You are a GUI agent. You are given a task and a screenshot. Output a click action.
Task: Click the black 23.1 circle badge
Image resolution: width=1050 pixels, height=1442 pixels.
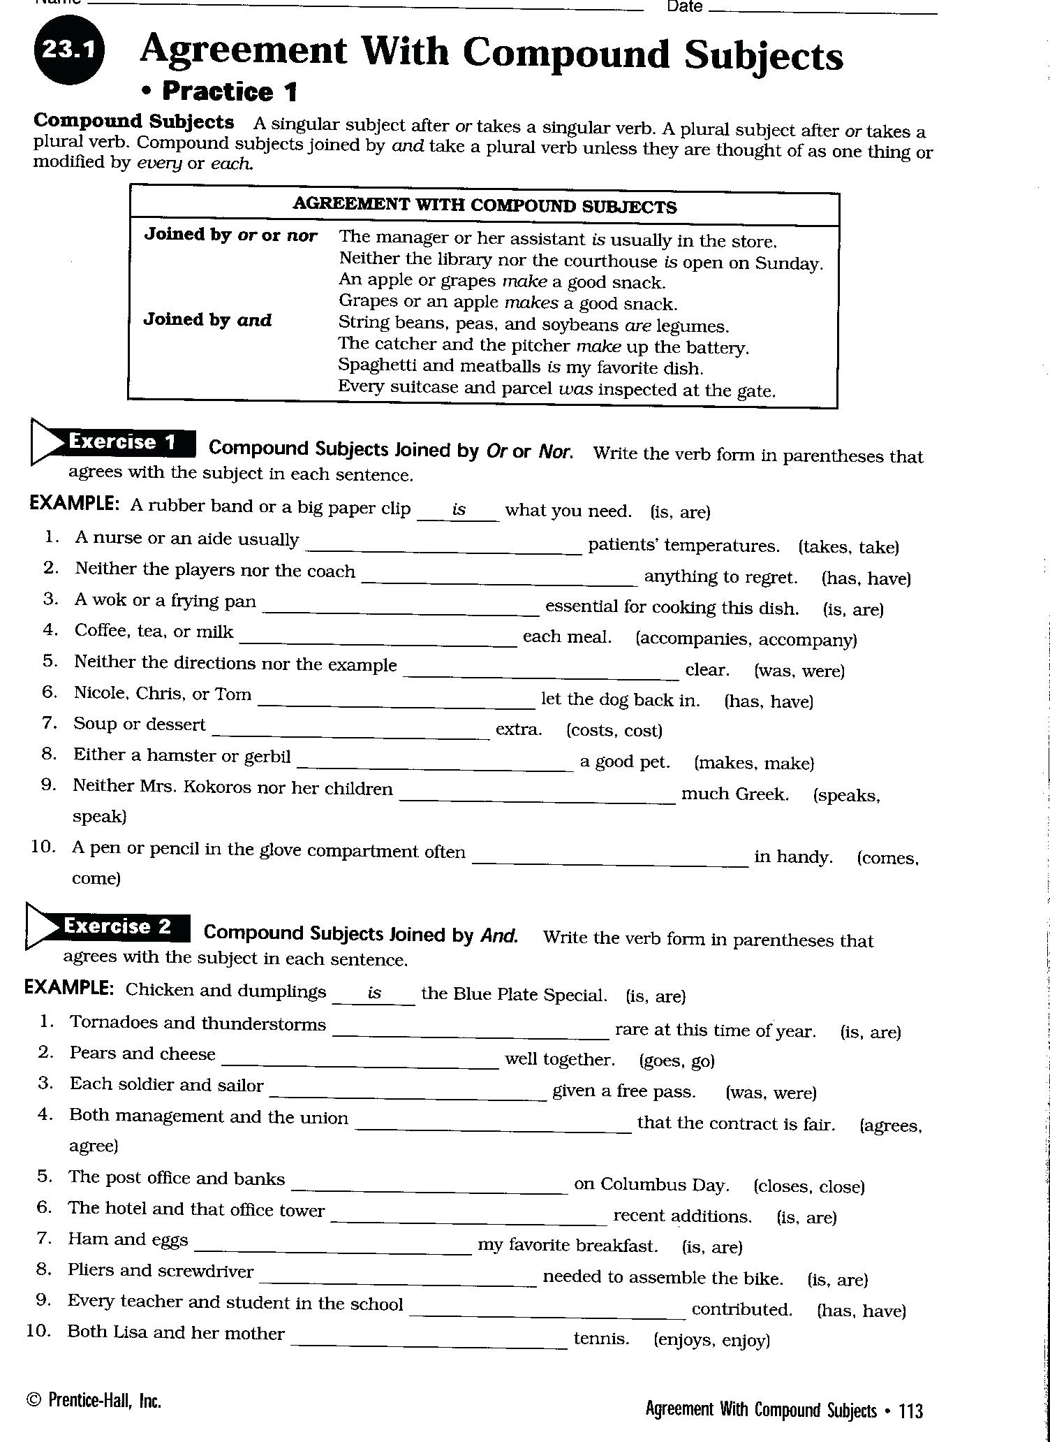[68, 50]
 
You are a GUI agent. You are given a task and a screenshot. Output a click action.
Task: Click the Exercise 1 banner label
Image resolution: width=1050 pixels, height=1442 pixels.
[121, 442]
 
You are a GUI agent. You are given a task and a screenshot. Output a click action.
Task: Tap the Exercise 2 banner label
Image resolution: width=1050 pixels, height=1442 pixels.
[117, 926]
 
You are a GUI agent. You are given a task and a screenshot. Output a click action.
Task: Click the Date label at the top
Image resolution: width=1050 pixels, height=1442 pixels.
[684, 7]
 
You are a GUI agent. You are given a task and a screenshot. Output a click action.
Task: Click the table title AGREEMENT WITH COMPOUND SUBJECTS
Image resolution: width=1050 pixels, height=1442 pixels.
[484, 206]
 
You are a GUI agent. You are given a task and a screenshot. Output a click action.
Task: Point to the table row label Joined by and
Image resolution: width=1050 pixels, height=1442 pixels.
[207, 320]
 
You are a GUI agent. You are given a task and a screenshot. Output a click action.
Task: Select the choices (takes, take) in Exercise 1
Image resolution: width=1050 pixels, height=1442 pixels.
[848, 547]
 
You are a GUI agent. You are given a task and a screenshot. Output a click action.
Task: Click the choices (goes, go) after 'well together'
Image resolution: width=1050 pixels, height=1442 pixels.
[676, 1061]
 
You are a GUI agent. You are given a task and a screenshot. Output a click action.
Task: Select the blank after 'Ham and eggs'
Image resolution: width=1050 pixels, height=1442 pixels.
[333, 1249]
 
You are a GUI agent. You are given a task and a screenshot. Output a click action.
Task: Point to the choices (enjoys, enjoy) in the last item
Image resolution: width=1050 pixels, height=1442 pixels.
[711, 1340]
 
